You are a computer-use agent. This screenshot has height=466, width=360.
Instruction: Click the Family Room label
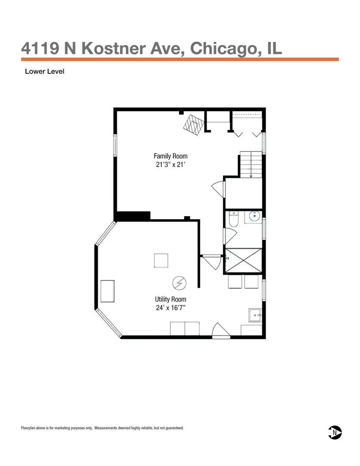[x=170, y=156]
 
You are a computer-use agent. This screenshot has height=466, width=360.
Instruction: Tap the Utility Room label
[x=170, y=299]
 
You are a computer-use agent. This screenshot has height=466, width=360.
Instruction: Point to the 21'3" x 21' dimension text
[x=170, y=164]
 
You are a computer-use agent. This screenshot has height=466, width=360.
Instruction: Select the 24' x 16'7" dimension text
[x=170, y=308]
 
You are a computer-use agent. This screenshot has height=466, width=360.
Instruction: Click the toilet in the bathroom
[x=234, y=219]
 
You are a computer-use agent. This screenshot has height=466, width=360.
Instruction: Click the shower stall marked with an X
[x=244, y=260]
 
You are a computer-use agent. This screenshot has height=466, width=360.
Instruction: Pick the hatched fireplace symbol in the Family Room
[x=194, y=125]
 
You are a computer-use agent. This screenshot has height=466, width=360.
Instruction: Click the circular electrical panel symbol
[x=179, y=283]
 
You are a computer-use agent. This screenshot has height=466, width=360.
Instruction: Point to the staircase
[x=251, y=164]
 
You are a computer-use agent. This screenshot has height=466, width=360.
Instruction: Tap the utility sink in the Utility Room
[x=255, y=315]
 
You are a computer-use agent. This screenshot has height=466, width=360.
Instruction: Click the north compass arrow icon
[x=335, y=432]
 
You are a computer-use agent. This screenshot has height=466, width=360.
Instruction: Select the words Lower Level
[x=44, y=71]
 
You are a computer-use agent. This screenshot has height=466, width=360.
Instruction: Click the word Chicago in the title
[x=223, y=49]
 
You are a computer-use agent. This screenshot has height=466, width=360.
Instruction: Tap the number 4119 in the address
[x=40, y=48]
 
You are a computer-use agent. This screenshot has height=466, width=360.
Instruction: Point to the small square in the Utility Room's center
[x=161, y=261]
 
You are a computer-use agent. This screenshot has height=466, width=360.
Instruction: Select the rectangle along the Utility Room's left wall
[x=107, y=291]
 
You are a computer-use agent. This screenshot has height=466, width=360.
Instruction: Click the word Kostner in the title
[x=114, y=48]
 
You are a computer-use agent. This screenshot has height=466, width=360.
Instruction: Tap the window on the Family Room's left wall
[x=115, y=145]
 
